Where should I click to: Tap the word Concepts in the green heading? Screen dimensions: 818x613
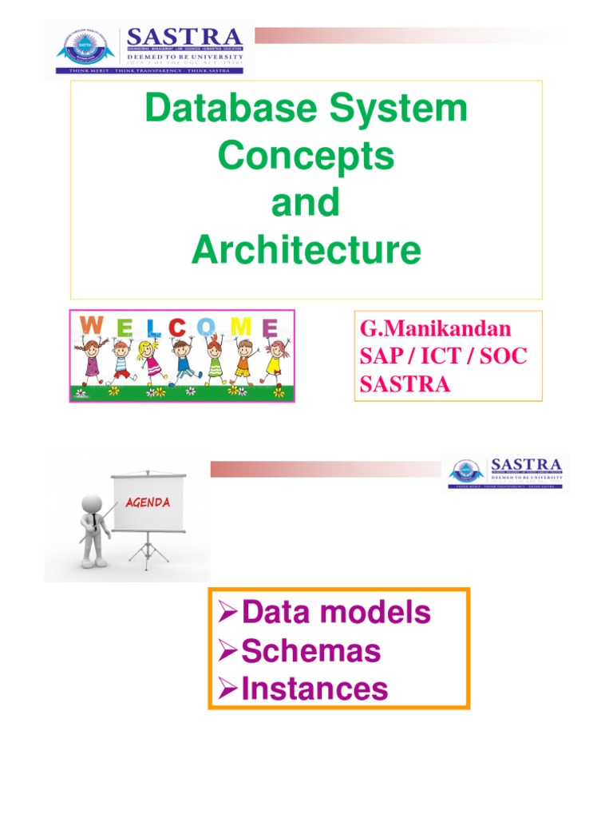coord(306,157)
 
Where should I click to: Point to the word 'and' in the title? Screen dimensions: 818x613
coord(306,204)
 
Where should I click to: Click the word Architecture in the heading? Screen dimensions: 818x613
coord(306,251)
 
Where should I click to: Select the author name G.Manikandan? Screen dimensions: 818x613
coord(436,328)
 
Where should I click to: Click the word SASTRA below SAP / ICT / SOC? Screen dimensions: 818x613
coord(405,384)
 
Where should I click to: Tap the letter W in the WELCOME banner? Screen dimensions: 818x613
coord(92,326)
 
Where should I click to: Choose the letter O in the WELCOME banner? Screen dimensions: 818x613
coord(207,327)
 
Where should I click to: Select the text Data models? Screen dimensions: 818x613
coord(335,613)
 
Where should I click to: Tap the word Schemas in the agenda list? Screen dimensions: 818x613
coord(311,651)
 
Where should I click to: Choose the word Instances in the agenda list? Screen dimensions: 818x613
coord(314,689)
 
